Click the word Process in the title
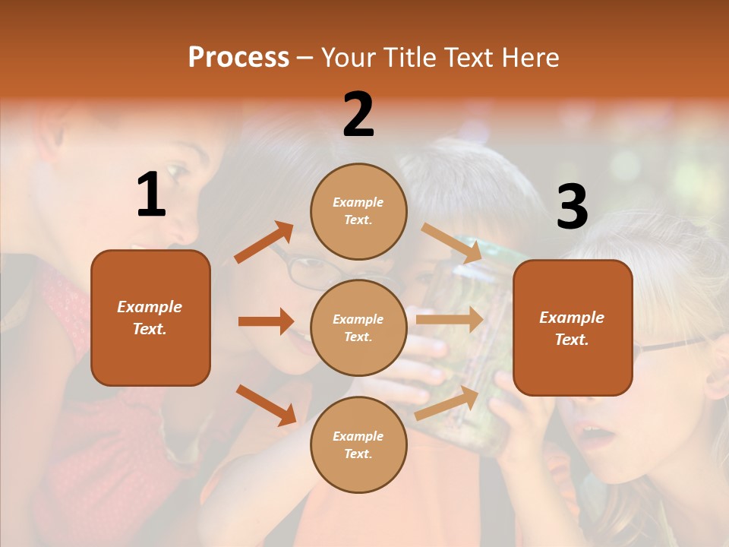[238, 58]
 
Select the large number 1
[151, 196]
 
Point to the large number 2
[358, 115]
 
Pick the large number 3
[572, 207]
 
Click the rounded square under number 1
[150, 318]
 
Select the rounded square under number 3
[573, 327]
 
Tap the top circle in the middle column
[358, 211]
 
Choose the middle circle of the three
[358, 327]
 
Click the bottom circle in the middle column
[358, 444]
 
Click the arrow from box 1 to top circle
[264, 242]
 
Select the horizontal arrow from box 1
[266, 321]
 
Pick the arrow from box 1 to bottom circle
[266, 404]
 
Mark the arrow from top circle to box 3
[451, 242]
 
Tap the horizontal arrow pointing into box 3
[449, 319]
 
